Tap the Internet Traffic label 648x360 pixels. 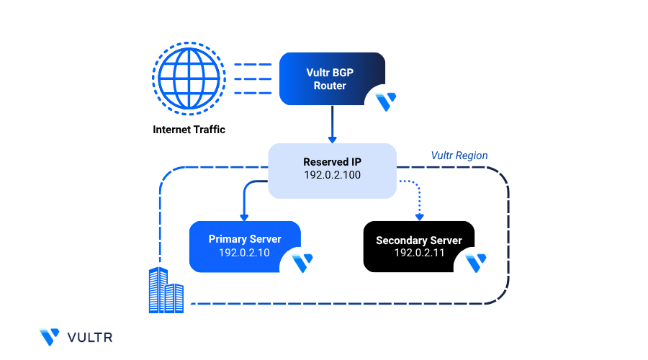pyautogui.click(x=189, y=130)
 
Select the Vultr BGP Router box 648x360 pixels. pyautogui.click(x=330, y=78)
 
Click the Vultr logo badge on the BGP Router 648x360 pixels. pyautogui.click(x=386, y=101)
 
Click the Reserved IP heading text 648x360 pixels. pyautogui.click(x=332, y=163)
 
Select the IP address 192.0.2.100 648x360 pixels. pyautogui.click(x=332, y=176)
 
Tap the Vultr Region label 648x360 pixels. pyautogui.click(x=459, y=156)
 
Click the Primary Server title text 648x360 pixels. pyautogui.click(x=245, y=239)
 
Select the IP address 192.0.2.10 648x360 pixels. pyautogui.click(x=245, y=253)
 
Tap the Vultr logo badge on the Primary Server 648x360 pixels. pyautogui.click(x=302, y=263)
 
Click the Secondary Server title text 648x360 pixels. pyautogui.click(x=419, y=240)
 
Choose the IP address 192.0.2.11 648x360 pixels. pyautogui.click(x=419, y=253)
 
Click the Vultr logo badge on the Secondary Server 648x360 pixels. pyautogui.click(x=476, y=264)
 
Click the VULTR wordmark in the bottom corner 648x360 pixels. pyautogui.click(x=89, y=337)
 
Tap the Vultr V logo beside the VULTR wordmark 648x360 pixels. pyautogui.click(x=50, y=337)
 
